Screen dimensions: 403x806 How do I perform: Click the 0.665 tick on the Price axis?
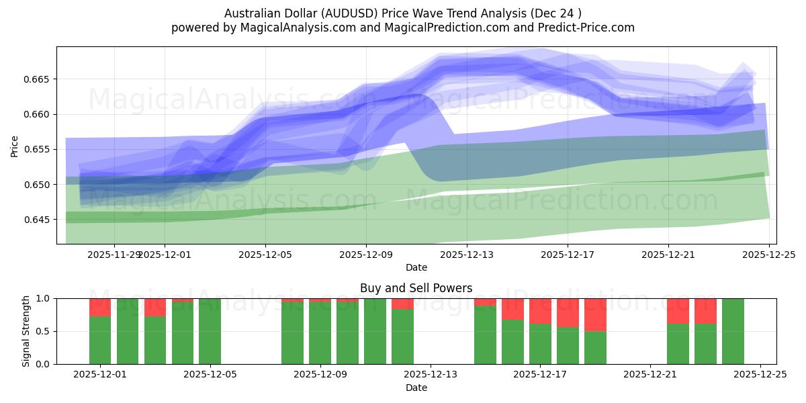tap(39, 79)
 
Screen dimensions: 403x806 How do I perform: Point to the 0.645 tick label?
tap(39, 220)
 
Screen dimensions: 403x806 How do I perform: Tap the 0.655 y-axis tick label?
tap(39, 149)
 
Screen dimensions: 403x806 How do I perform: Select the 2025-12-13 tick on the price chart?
tap(467, 255)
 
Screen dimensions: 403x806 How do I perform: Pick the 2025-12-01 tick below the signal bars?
tap(100, 375)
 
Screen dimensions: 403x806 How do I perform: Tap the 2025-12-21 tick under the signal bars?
tap(650, 375)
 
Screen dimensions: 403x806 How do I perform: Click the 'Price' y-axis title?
tap(15, 146)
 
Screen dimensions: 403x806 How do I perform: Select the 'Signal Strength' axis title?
tap(26, 331)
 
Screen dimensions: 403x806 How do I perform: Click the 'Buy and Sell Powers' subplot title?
tap(416, 288)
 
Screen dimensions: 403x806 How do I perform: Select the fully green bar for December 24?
tap(733, 331)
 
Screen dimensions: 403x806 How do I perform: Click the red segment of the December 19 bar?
tap(595, 314)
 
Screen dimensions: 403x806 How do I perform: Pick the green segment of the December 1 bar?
tap(100, 340)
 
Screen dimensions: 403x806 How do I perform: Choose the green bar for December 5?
tap(210, 331)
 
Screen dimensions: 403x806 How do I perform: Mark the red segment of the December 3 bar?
tap(155, 307)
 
